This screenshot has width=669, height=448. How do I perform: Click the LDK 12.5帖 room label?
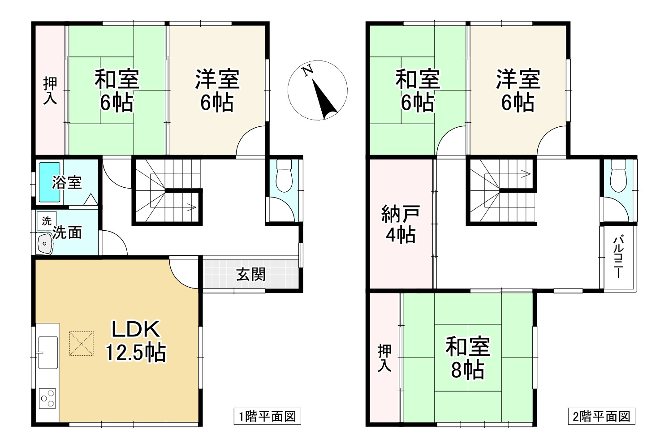pyautogui.click(x=136, y=341)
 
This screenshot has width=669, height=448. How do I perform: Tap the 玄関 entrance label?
pyautogui.click(x=251, y=274)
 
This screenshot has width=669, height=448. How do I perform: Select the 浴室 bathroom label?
pyautogui.click(x=67, y=182)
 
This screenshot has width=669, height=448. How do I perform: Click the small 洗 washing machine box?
pyautogui.click(x=46, y=220)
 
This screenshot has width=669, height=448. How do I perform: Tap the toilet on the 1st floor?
pyautogui.click(x=284, y=176)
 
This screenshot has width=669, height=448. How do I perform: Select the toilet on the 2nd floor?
pyautogui.click(x=618, y=176)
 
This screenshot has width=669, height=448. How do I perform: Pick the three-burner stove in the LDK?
pyautogui.click(x=47, y=398)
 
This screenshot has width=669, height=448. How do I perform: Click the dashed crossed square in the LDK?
pyautogui.click(x=82, y=344)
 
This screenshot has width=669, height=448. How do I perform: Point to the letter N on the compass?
pyautogui.click(x=307, y=71)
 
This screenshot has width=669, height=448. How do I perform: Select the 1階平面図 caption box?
pyautogui.click(x=267, y=417)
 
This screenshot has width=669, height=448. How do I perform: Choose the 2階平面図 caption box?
pyautogui.click(x=602, y=417)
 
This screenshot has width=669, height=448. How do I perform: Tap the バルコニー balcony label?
pyautogui.click(x=618, y=258)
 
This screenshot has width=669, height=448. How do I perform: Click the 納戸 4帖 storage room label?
pyautogui.click(x=401, y=224)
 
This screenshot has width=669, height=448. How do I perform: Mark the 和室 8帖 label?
pyautogui.click(x=467, y=358)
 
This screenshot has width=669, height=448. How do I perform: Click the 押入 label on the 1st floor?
pyautogui.click(x=50, y=90)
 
